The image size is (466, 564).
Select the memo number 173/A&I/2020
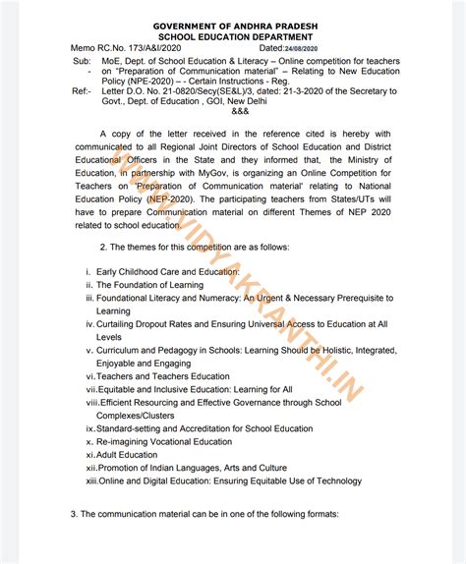point(154,46)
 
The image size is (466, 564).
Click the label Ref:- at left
point(82,91)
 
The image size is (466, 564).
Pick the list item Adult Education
point(126,455)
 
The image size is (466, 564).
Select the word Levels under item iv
point(109,336)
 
